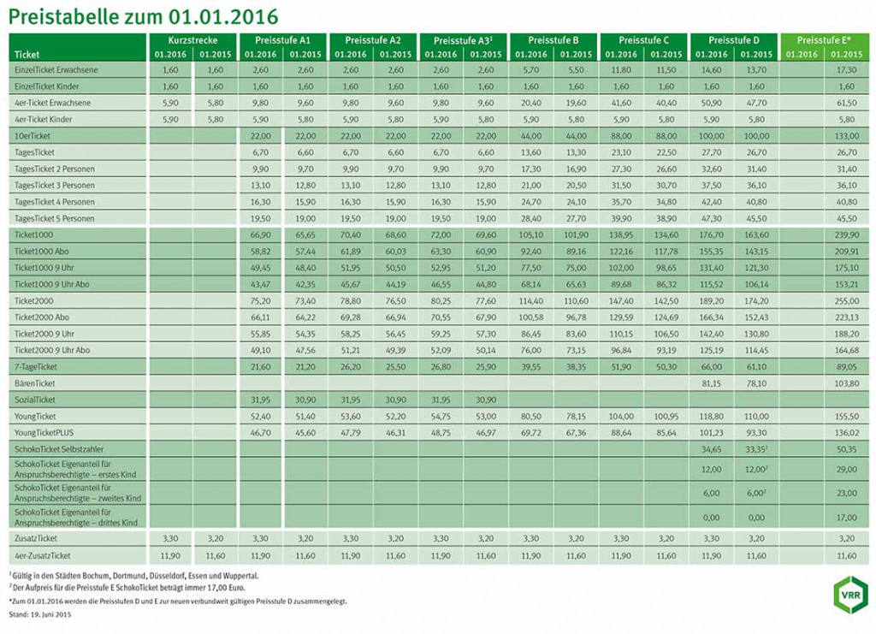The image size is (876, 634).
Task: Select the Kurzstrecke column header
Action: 192,40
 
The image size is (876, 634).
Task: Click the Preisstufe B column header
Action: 553,40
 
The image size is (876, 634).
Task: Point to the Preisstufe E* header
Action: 826,40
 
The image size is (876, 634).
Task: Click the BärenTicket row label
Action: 37,383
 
